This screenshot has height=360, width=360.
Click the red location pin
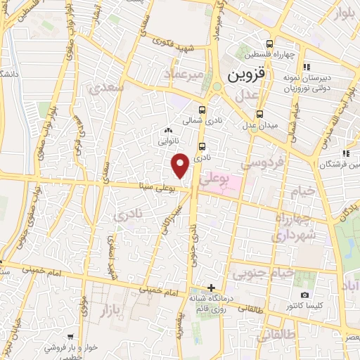click(x=181, y=165)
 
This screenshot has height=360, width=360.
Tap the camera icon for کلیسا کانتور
click(x=304, y=295)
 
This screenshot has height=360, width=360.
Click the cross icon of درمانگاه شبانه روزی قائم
click(x=212, y=287)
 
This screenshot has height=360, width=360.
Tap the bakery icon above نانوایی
click(x=167, y=130)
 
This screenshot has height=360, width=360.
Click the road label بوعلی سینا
click(x=155, y=187)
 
